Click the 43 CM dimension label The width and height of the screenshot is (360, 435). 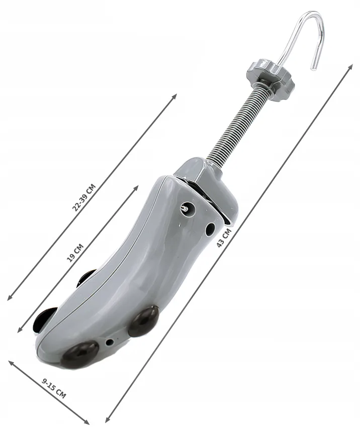tap(224, 238)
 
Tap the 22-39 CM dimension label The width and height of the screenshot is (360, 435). tap(84, 197)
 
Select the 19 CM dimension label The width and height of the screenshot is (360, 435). tap(75, 253)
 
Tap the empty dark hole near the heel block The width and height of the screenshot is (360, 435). tap(210, 229)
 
